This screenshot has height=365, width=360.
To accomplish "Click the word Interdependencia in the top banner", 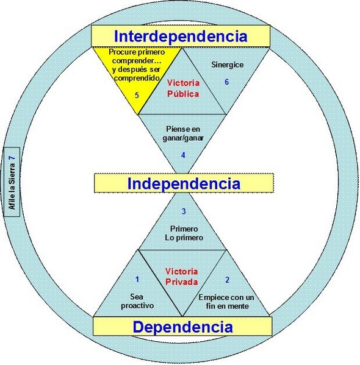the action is click(181, 37).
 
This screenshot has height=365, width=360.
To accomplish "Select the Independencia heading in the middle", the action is click(184, 183).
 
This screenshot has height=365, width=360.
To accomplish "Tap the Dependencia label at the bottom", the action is click(183, 327).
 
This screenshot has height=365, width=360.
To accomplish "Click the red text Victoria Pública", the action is click(183, 88).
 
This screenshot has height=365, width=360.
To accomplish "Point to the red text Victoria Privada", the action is click(182, 277).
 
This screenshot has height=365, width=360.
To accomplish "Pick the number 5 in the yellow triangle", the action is click(137, 95).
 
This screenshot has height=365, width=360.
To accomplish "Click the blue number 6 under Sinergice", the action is click(226, 82).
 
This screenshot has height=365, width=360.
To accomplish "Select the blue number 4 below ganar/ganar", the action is click(183, 155).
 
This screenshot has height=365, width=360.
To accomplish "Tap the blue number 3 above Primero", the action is click(184, 211).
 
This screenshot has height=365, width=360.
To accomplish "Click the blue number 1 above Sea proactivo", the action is click(137, 279).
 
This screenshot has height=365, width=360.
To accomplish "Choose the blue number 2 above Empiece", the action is click(228, 280).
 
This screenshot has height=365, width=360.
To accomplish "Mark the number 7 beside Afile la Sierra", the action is click(12, 158).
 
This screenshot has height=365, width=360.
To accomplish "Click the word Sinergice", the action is click(228, 65).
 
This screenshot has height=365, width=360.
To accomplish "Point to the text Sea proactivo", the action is click(137, 301).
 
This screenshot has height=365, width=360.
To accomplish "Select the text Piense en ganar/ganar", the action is click(183, 133).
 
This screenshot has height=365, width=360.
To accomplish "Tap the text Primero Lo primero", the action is click(184, 233).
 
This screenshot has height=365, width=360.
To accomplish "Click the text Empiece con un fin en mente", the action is click(226, 302).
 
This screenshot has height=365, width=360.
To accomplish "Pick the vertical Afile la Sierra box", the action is click(12, 182).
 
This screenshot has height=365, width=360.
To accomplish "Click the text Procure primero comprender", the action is click(137, 56).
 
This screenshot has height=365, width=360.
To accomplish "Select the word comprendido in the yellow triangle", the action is click(137, 78).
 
